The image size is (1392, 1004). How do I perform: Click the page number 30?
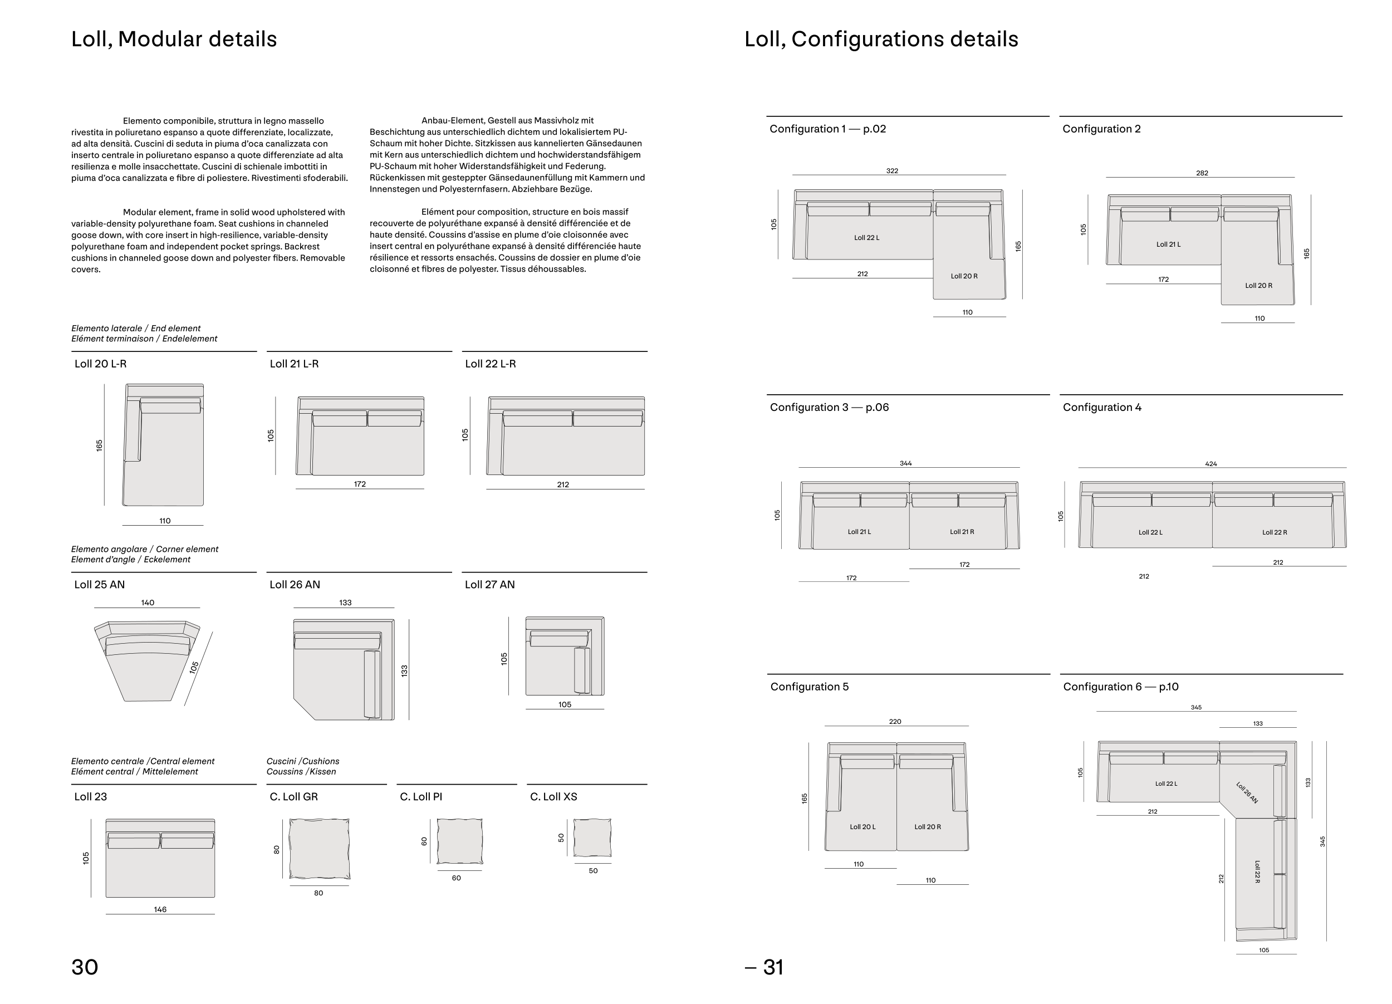(85, 967)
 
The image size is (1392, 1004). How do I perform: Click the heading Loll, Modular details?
(174, 40)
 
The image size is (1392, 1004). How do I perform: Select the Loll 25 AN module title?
(100, 585)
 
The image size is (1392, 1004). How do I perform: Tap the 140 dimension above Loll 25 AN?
(148, 603)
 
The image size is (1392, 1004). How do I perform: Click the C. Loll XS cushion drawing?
(592, 838)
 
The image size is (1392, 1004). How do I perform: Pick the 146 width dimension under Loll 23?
(160, 909)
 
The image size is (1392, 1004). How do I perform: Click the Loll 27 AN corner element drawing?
(565, 656)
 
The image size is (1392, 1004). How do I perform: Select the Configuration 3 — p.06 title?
(829, 408)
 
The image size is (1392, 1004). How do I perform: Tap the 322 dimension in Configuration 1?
(893, 170)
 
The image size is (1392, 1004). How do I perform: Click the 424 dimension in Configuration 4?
(1211, 464)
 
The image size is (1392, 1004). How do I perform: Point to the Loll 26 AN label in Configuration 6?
(1247, 792)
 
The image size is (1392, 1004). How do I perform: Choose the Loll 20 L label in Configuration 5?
(862, 826)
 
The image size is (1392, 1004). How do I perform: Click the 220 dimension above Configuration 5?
(895, 722)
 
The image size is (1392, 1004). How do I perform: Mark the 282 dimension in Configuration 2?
(1202, 173)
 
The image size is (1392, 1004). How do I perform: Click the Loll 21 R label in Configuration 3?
(962, 531)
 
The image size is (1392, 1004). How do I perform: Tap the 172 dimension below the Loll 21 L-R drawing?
(360, 484)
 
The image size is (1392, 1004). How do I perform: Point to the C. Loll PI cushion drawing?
(460, 841)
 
